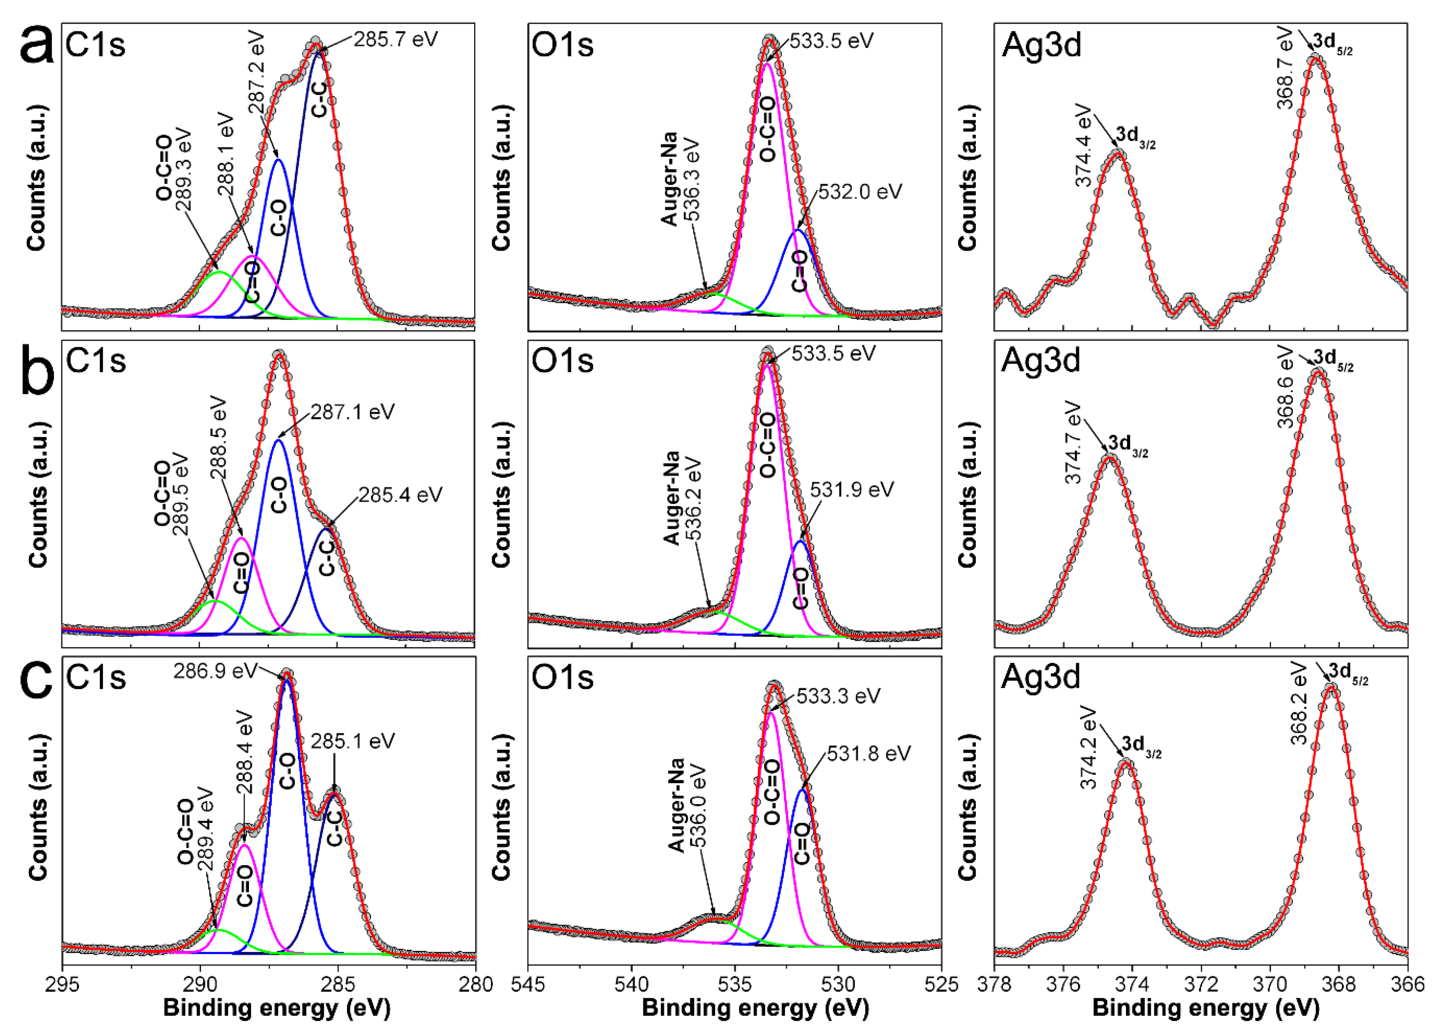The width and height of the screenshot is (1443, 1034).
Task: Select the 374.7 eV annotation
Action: (1073, 442)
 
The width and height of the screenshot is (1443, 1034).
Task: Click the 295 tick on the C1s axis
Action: (62, 984)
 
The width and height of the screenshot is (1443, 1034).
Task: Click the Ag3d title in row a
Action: (1042, 46)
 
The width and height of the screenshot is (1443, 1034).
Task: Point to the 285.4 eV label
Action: (400, 495)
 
